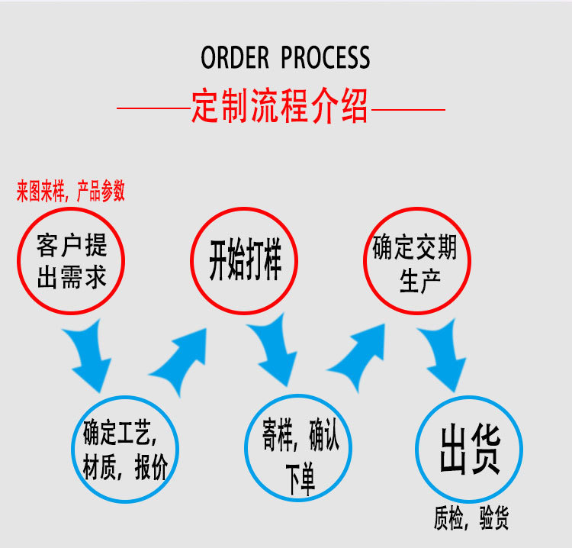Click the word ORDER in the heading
click(x=234, y=58)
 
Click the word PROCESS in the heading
click(x=326, y=58)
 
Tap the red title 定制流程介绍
click(x=280, y=107)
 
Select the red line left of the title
click(x=153, y=110)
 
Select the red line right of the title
click(x=407, y=110)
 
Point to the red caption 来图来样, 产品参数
click(x=71, y=192)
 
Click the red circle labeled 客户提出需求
click(x=72, y=260)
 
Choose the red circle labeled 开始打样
click(x=245, y=260)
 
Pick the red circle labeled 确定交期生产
click(x=416, y=260)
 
